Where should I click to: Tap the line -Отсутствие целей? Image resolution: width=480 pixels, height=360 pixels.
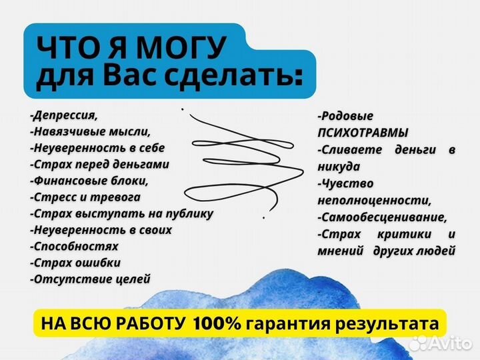click(90, 279)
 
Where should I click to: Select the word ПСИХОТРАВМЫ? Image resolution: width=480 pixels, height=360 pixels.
click(363, 133)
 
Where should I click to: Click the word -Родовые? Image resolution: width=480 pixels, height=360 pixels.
click(345, 116)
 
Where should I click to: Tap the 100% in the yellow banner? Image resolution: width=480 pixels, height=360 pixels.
click(217, 324)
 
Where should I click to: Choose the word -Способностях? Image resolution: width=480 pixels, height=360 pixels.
click(74, 246)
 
